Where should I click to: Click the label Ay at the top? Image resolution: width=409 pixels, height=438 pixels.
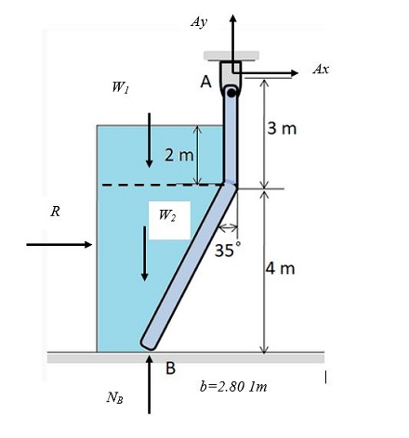[199, 20]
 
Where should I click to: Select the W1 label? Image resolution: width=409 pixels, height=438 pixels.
[120, 88]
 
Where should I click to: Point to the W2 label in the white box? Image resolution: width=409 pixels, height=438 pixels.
[167, 214]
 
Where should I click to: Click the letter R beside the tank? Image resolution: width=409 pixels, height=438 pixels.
[56, 212]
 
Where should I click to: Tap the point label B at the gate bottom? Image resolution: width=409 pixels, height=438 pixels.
[170, 368]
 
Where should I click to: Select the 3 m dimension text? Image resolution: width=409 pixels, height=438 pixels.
[282, 128]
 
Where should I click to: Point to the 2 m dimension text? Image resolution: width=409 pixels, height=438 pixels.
[178, 154]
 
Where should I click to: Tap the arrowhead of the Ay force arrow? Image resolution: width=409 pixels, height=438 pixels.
[232, 19]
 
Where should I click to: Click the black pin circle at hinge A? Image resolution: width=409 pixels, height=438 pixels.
[231, 91]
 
